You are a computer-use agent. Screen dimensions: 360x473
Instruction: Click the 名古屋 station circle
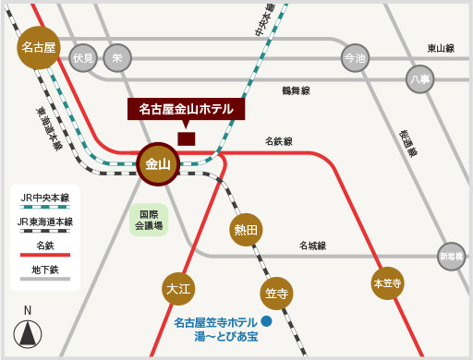(x=40, y=46)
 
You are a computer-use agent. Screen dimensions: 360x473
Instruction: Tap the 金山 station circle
(x=159, y=164)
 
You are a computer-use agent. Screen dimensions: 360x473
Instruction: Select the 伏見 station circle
(x=84, y=57)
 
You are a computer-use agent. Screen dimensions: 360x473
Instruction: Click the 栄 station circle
(x=117, y=57)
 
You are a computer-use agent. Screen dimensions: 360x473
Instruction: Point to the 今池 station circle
(x=354, y=58)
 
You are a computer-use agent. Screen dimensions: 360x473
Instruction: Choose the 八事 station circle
(x=419, y=79)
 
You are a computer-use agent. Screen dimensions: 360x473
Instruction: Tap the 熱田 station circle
(x=247, y=230)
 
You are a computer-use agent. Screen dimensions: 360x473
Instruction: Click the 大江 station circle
(x=178, y=289)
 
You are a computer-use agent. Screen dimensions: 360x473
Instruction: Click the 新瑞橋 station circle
(x=451, y=256)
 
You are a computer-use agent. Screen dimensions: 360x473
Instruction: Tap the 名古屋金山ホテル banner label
(x=187, y=109)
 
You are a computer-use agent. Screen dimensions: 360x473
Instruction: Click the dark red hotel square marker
(x=187, y=138)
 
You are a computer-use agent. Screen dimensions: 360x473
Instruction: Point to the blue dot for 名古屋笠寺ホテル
(x=266, y=321)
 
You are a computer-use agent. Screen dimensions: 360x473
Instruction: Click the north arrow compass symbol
(x=29, y=334)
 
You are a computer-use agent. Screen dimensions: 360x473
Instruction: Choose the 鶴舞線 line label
(x=296, y=90)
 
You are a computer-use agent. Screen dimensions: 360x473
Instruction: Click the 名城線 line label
(x=312, y=246)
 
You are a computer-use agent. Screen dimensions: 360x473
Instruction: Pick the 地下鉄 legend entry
(x=46, y=270)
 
